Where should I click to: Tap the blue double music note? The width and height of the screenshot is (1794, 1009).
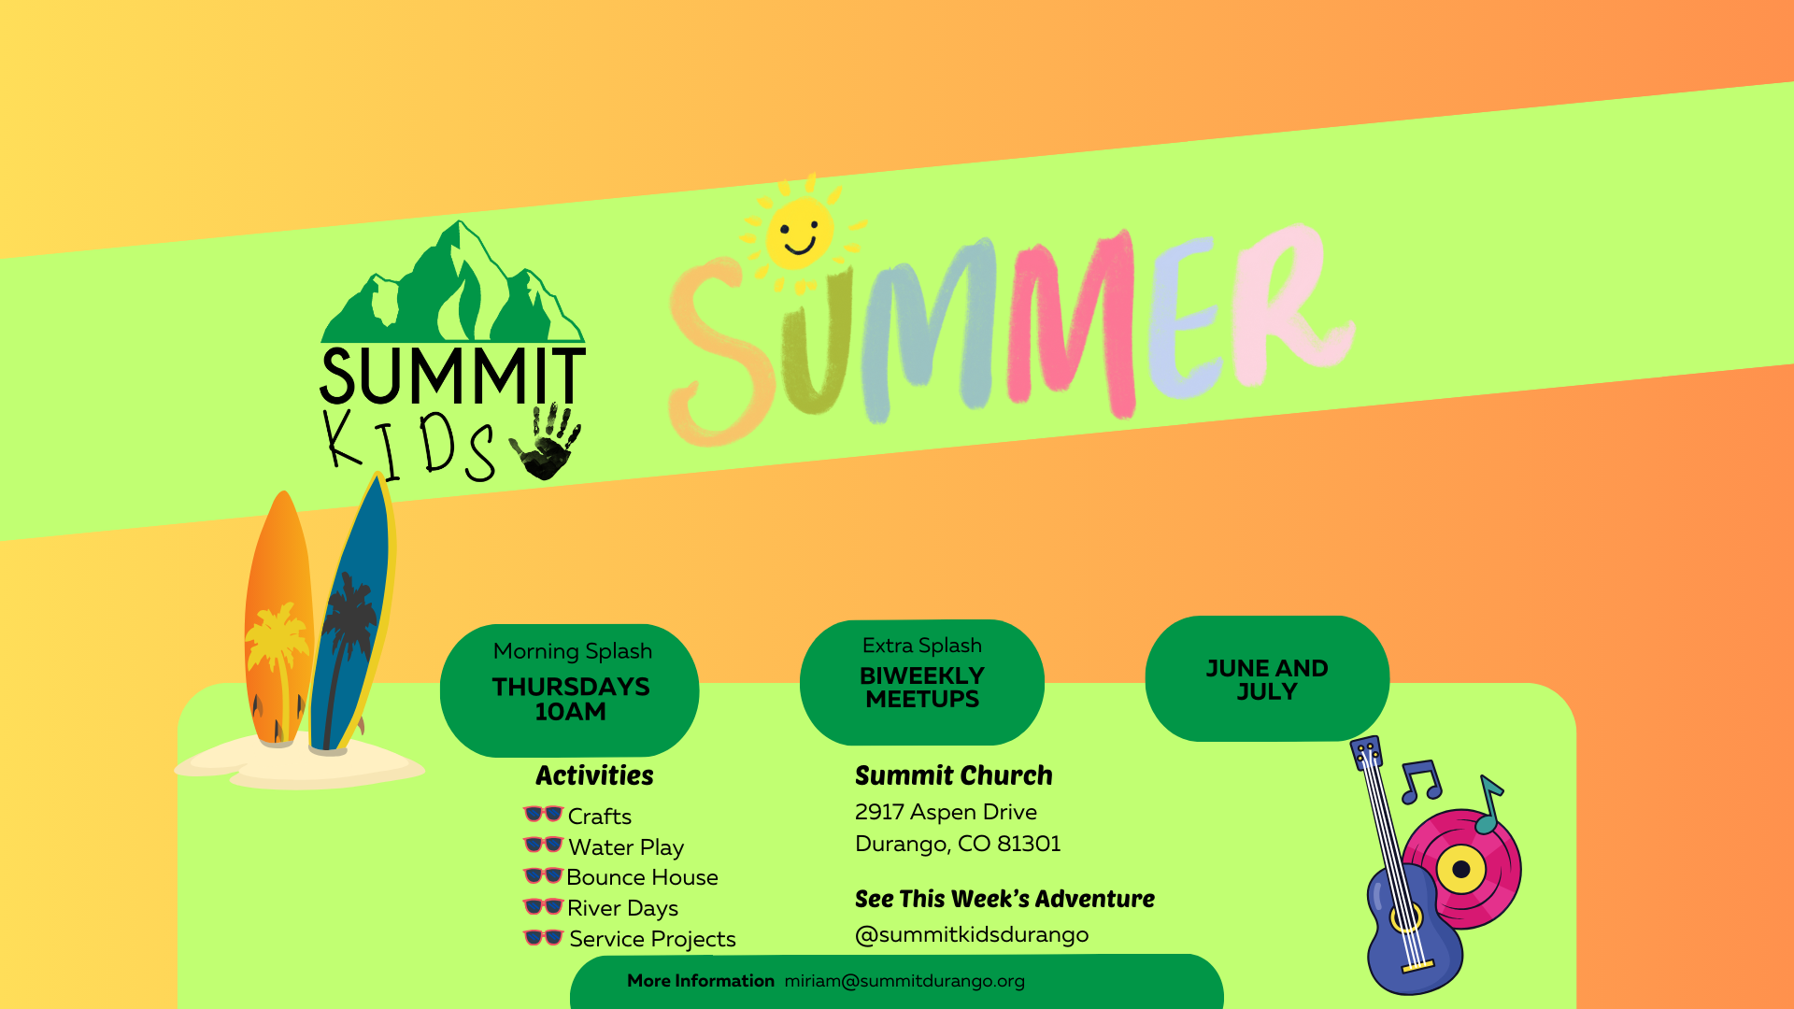1421,782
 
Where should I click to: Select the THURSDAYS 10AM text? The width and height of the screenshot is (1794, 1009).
571,699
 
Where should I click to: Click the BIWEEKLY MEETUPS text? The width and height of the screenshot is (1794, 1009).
922,688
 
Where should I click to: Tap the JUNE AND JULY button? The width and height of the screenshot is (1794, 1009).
1267,678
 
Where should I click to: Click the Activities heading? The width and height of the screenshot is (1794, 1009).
594,775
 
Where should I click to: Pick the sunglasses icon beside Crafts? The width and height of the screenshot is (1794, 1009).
543,814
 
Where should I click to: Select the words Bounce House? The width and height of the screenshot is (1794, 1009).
642,877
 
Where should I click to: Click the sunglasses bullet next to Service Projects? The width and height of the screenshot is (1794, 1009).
543,937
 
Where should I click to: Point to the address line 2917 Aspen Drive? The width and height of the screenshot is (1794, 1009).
946,812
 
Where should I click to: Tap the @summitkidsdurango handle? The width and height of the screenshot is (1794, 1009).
972,934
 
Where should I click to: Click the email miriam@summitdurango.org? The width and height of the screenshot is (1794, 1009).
904,981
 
